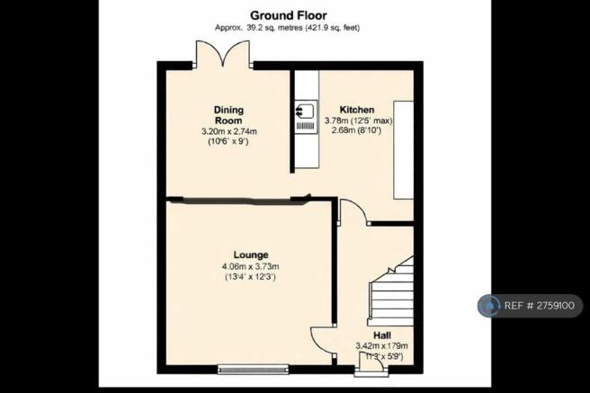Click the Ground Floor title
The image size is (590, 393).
point(288,15)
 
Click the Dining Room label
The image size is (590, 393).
point(228,115)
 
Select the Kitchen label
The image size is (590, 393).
point(357,110)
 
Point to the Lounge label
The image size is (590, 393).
point(251,255)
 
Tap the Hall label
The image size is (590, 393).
point(382,335)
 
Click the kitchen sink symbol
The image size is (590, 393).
point(306,116)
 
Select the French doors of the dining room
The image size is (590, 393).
point(223,54)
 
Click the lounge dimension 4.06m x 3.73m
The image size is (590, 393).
point(250,267)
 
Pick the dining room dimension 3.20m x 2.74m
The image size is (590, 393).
point(229,131)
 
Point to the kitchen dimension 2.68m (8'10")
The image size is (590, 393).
point(357,131)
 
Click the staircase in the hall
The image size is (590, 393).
point(391,291)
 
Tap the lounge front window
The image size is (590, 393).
point(254,370)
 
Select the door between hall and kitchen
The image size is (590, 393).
point(353,212)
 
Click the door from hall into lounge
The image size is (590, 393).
point(323,340)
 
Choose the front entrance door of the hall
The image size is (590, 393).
point(371,364)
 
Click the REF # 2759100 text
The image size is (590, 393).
point(540,306)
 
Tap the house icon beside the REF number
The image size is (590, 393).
point(489,306)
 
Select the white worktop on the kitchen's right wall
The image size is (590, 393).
point(403,149)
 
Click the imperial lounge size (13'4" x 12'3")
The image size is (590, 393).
point(250,278)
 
